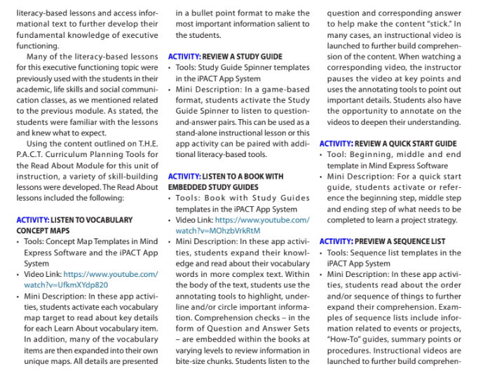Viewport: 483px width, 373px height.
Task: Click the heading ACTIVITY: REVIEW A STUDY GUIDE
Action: (225, 56)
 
